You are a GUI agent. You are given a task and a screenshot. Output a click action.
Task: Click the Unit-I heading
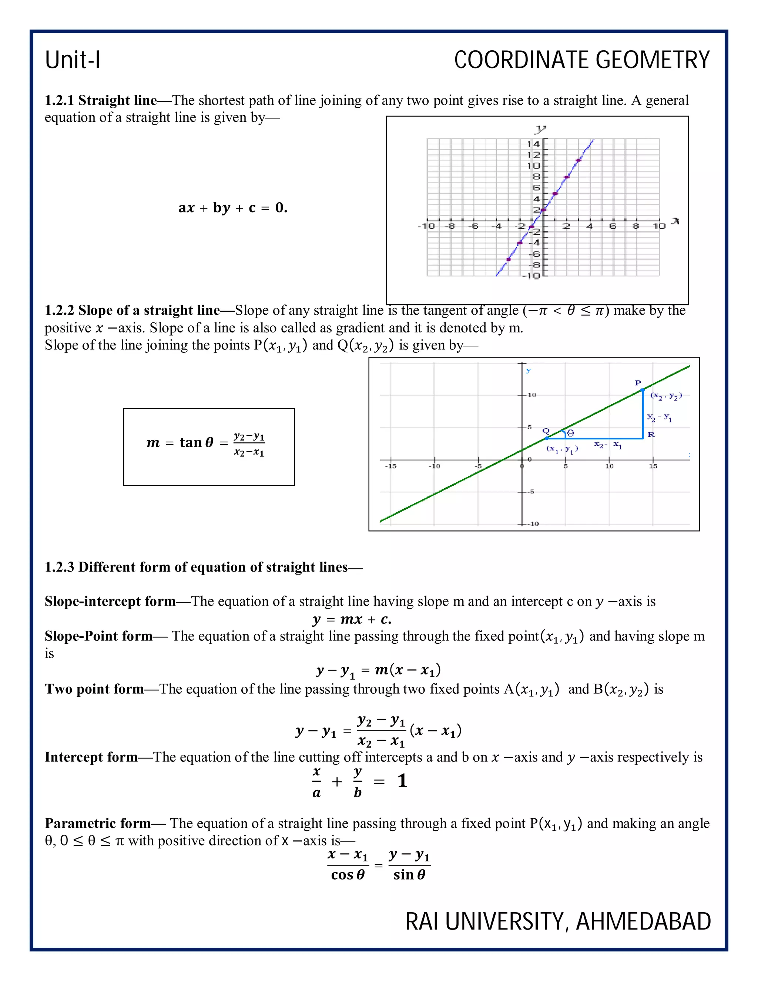73,60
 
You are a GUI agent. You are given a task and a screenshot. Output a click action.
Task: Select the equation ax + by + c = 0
232,208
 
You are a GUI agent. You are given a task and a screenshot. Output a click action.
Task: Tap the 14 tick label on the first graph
533,144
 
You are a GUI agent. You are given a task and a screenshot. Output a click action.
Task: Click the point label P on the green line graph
638,383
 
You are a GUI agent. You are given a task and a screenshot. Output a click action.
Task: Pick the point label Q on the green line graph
546,431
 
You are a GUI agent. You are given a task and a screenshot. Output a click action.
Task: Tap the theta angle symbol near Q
570,433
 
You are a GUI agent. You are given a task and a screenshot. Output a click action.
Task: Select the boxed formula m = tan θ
209,444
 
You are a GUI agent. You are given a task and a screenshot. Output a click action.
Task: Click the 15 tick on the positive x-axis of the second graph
653,466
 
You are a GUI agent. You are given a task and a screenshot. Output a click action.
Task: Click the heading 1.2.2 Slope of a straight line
133,310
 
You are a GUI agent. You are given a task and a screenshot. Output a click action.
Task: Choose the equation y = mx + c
352,619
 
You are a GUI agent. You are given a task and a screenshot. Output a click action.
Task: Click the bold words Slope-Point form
99,636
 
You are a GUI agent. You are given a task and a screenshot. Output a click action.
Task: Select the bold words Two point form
94,689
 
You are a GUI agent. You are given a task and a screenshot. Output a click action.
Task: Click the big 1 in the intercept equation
402,781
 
